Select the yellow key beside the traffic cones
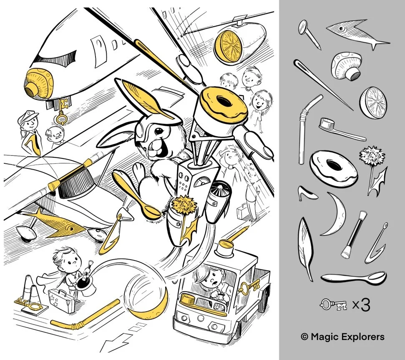coord(28,305)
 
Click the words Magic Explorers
coord(347,337)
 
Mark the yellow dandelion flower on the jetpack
coord(184,202)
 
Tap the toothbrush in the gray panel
coord(342,129)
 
